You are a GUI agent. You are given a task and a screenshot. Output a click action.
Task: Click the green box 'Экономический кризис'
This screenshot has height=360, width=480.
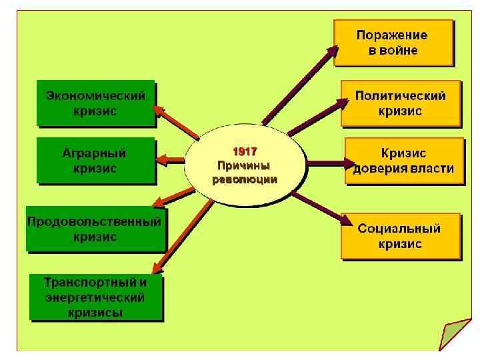pyautogui.click(x=95, y=103)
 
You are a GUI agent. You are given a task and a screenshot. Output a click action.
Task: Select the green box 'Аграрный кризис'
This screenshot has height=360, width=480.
pyautogui.click(x=95, y=160)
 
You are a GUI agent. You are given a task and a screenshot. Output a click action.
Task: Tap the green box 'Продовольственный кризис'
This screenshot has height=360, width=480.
pyautogui.click(x=95, y=229)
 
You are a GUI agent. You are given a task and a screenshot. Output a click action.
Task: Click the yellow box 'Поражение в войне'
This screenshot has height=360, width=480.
pyautogui.click(x=393, y=42)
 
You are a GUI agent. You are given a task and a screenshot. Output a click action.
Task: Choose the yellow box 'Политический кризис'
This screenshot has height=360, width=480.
pyautogui.click(x=400, y=103)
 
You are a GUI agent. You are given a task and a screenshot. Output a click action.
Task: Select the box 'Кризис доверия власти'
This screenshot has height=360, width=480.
pyautogui.click(x=403, y=161)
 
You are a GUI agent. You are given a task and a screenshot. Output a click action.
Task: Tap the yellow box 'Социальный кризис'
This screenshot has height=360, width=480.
pyautogui.click(x=400, y=235)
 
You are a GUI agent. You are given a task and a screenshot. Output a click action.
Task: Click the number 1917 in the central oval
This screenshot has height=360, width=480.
pyautogui.click(x=244, y=151)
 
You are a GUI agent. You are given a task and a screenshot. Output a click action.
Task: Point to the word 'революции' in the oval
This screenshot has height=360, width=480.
pyautogui.click(x=244, y=179)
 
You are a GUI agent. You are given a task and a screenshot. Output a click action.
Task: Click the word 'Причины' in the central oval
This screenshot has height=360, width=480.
pyautogui.click(x=244, y=165)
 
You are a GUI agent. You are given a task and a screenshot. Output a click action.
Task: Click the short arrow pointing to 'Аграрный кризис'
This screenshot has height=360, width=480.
pyautogui.click(x=171, y=159)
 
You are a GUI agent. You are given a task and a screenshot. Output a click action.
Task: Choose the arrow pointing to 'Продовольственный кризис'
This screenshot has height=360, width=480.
pyautogui.click(x=175, y=195)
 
